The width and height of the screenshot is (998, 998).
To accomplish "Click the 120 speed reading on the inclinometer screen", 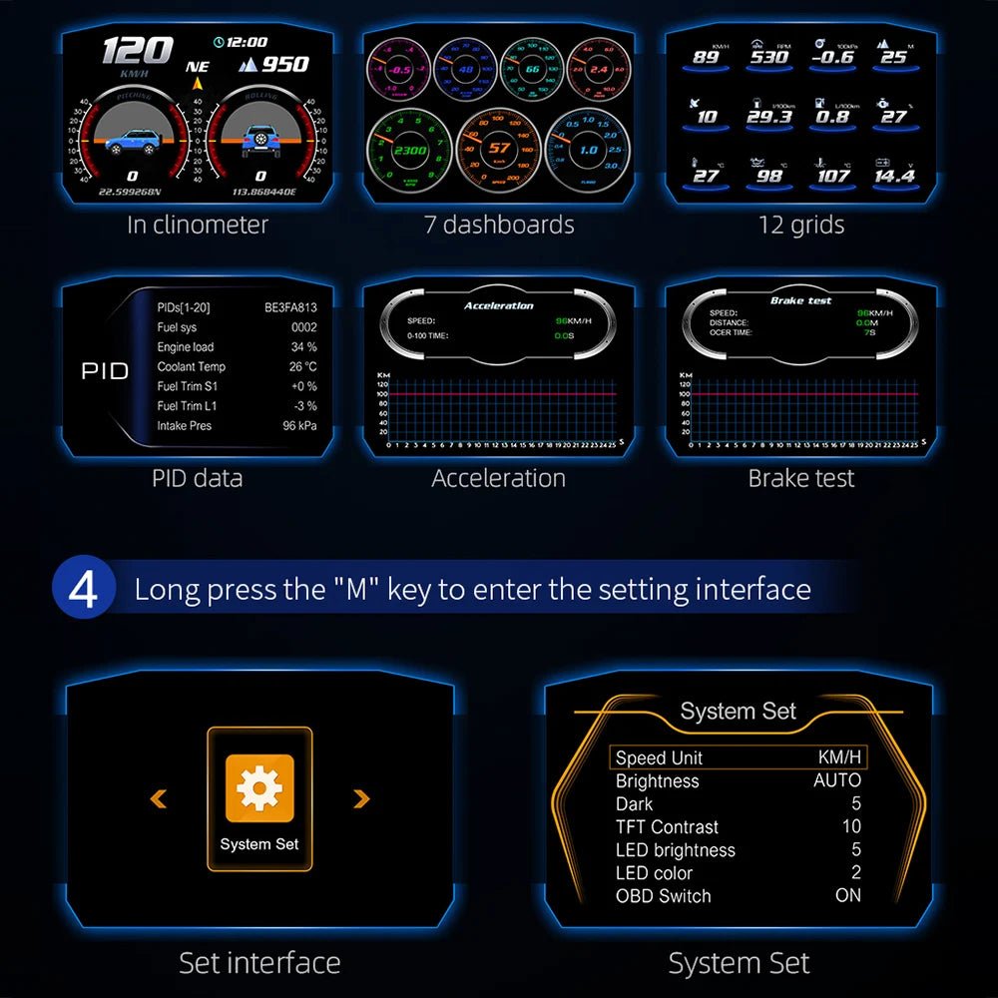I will pos(137,50).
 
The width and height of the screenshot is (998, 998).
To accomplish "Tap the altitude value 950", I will pos(284,65).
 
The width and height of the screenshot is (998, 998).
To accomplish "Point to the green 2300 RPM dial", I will pos(409,151).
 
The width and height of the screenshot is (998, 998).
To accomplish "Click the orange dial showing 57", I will pos(498,150).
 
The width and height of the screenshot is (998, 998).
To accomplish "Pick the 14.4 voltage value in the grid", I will pos(893,176).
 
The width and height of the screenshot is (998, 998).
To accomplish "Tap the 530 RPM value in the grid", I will pos(769,57).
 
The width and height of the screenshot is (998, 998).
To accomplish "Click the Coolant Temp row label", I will pos(192,366).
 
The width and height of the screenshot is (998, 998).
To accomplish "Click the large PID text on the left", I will pos(105,371).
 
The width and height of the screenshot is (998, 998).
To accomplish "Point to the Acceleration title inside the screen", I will pos(498,305).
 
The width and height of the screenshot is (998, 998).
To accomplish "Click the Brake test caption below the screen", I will pos(800,478).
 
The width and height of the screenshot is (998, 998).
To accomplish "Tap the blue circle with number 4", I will pos(84,589).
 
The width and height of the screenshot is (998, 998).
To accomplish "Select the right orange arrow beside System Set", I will pos(361,798).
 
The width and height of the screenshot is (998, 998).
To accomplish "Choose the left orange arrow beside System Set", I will pos(158,798).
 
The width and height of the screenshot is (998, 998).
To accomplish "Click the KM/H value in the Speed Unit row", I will pos(839,757).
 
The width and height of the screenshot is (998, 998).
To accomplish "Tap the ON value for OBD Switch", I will pos(847,895).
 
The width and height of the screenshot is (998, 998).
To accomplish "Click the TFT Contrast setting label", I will pos(667,826).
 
